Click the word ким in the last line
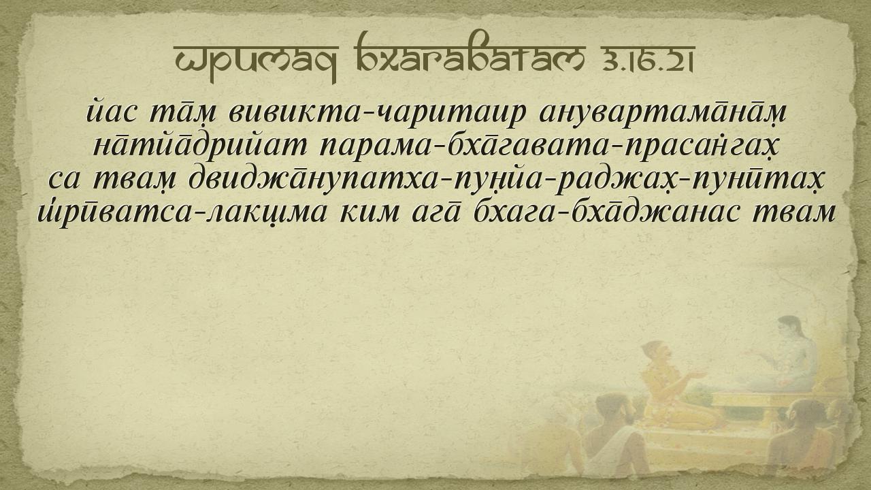pos(369,214)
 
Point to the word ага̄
pos(436,213)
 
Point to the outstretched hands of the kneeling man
pos(696,374)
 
